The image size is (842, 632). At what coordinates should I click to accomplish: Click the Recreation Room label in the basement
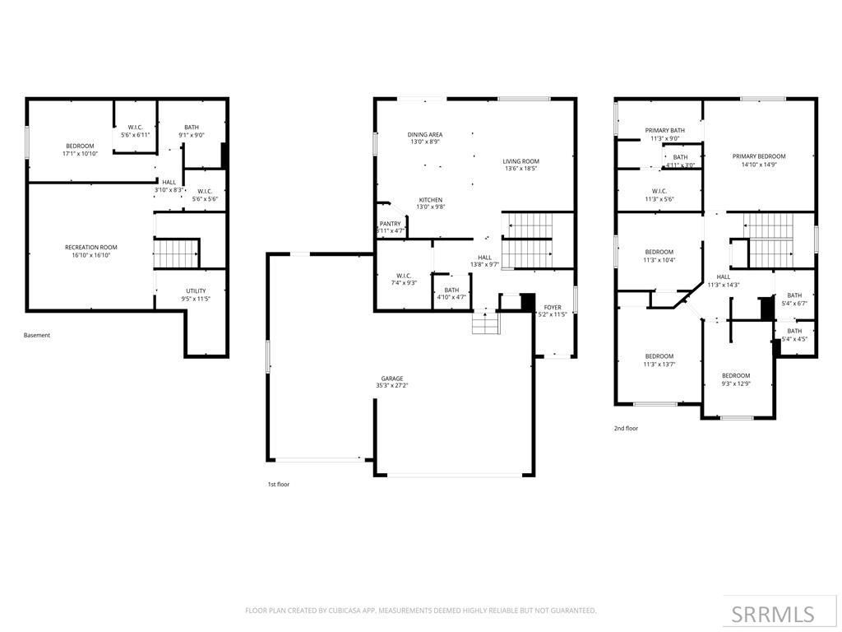[x=91, y=247]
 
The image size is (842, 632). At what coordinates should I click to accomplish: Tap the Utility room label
[x=196, y=290]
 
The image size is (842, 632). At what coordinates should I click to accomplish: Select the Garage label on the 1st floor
[x=392, y=379]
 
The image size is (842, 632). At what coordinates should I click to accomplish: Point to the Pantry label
[x=391, y=224]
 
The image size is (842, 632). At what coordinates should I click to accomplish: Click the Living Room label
[x=521, y=161]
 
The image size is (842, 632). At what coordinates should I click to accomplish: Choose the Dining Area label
[x=425, y=134]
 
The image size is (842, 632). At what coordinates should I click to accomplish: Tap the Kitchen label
[x=431, y=200]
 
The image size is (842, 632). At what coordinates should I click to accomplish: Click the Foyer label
[x=553, y=307]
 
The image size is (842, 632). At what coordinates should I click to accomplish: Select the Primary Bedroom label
[x=759, y=156]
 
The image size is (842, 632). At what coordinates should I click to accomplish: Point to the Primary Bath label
[x=664, y=130]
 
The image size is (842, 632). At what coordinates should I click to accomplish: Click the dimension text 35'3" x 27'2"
[x=392, y=386]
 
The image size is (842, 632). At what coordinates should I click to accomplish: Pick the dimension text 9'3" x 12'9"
[x=736, y=383]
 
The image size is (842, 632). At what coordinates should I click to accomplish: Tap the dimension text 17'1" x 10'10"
[x=81, y=154]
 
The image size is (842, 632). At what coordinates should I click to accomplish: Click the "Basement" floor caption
[x=37, y=335]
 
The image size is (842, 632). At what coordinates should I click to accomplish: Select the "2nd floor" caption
[x=626, y=428]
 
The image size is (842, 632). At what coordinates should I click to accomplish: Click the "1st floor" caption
[x=278, y=485]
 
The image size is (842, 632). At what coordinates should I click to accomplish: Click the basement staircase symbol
[x=177, y=253]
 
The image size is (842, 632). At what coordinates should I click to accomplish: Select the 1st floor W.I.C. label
[x=404, y=276]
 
